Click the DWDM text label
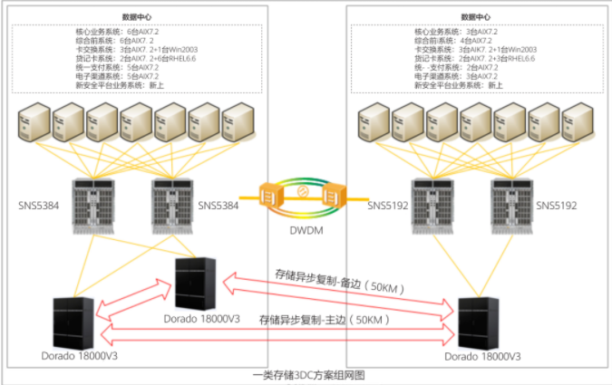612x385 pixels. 306,232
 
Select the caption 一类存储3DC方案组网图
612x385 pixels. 306,375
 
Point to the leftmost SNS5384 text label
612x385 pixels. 37,207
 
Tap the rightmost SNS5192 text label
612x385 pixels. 557,207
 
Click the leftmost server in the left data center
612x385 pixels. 34,125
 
